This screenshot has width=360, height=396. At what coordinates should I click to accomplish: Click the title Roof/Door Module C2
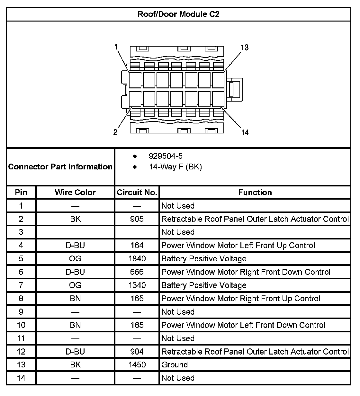(178, 14)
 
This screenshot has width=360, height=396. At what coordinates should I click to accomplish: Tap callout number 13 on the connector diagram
(245, 48)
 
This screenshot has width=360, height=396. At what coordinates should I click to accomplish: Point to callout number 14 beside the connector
(245, 132)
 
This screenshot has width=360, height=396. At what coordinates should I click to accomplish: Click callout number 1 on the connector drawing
(116, 47)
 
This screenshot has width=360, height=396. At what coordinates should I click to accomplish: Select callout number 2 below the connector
(115, 132)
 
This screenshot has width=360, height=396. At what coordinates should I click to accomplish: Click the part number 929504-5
(166, 156)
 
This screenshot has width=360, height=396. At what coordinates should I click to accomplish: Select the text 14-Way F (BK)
(175, 167)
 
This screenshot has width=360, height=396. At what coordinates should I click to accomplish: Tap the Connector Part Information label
(60, 166)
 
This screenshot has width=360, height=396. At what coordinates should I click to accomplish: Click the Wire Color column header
(75, 192)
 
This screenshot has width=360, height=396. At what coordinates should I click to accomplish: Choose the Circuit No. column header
(137, 192)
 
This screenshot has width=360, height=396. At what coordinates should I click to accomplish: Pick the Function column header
(255, 192)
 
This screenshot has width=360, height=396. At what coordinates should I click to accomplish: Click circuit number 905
(137, 219)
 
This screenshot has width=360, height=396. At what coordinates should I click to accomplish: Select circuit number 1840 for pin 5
(137, 258)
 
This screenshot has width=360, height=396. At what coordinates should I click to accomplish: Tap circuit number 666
(137, 272)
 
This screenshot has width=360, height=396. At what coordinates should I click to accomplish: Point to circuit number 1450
(137, 365)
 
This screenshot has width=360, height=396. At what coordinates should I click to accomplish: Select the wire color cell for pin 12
(75, 351)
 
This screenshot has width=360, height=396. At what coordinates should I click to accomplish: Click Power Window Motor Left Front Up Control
(238, 245)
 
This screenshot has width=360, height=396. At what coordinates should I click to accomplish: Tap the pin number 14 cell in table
(21, 378)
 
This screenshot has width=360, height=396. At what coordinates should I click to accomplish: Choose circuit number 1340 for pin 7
(137, 285)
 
